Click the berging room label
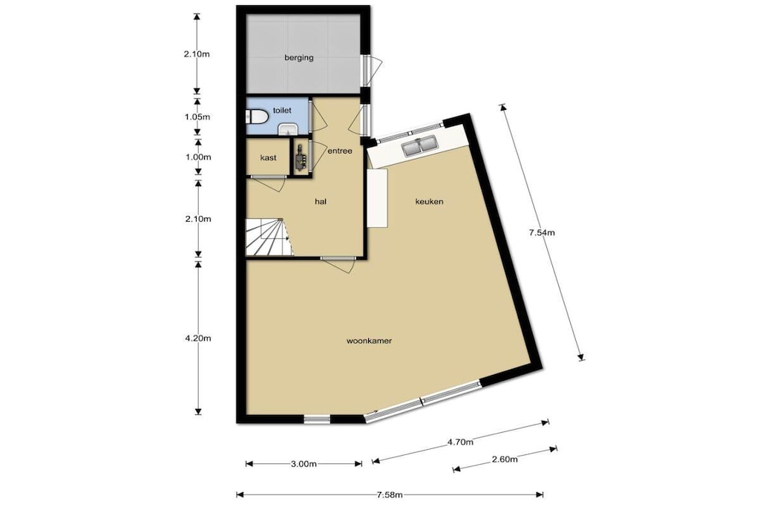[x=298, y=58]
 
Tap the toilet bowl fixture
[x=257, y=117]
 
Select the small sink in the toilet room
[x=288, y=129]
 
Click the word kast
[x=268, y=157]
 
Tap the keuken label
[x=429, y=202]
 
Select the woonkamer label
[x=369, y=341]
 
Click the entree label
[x=340, y=151]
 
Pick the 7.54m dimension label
[x=541, y=232]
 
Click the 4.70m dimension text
[x=460, y=442]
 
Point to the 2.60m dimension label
[x=504, y=459]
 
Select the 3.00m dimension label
[x=304, y=464]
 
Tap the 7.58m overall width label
[x=390, y=495]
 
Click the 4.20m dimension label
[x=197, y=338]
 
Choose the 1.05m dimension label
[x=197, y=117]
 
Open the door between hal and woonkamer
[x=338, y=264]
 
